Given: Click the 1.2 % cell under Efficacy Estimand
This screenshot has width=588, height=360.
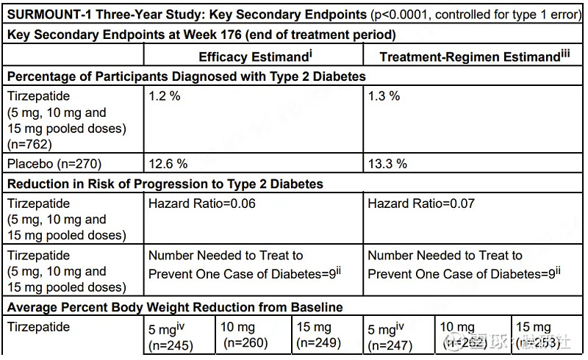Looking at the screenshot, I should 165,96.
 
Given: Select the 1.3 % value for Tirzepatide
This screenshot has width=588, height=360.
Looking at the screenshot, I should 384,96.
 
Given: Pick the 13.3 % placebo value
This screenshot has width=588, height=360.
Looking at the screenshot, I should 387,164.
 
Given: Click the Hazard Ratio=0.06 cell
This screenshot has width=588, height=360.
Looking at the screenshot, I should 202,204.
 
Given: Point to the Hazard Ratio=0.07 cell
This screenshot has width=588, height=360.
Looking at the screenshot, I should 421,204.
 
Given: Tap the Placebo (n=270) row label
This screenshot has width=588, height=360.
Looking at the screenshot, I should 54,164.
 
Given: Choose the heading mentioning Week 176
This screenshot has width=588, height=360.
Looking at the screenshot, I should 201,35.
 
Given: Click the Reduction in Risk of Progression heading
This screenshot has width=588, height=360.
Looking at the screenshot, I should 165,184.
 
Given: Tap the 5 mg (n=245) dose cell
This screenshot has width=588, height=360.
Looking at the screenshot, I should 169,336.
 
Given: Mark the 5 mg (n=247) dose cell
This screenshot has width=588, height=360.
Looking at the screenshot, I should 389,336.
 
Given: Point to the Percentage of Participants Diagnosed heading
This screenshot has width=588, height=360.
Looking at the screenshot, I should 186,76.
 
